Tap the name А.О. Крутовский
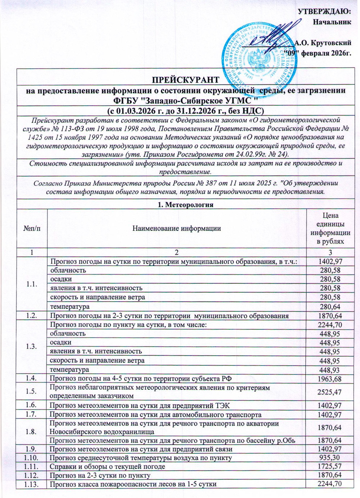(x=323, y=43)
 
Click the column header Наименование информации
(x=176, y=228)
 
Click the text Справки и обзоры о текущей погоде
(x=107, y=467)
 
